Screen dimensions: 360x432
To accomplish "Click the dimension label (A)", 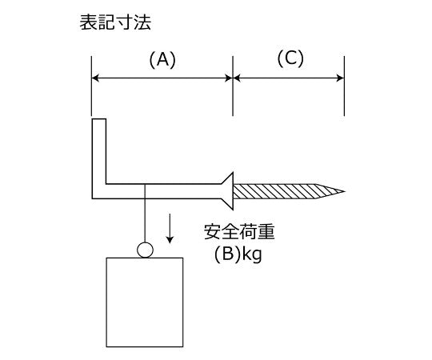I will (162, 59).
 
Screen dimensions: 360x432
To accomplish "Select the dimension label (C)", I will (290, 59).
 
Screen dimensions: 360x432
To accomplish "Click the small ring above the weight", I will (145, 250).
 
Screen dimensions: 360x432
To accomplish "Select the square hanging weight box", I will (145, 302).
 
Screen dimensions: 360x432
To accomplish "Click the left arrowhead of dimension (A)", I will (95, 78).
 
